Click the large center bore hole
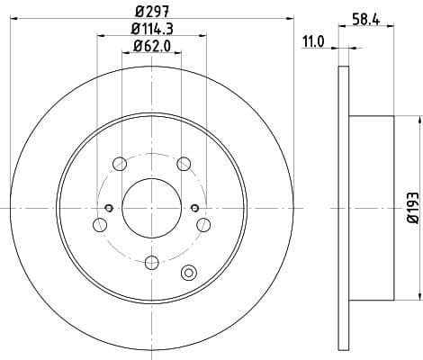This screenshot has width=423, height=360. tap(151, 208)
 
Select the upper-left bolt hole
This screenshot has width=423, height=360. tap(119, 164)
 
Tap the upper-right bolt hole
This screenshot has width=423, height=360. tap(184, 164)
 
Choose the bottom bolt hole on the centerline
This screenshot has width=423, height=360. tap(151, 262)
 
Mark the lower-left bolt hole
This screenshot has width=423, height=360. tap(99, 225)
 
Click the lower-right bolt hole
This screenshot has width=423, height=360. tap(203, 225)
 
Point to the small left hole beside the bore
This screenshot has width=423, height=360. tap(108, 208)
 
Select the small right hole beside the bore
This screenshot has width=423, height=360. tap(194, 208)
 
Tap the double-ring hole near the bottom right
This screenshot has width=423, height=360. tap(189, 274)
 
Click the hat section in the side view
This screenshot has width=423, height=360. tap(372, 208)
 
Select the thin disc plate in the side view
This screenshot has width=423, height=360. tap(343, 208)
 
